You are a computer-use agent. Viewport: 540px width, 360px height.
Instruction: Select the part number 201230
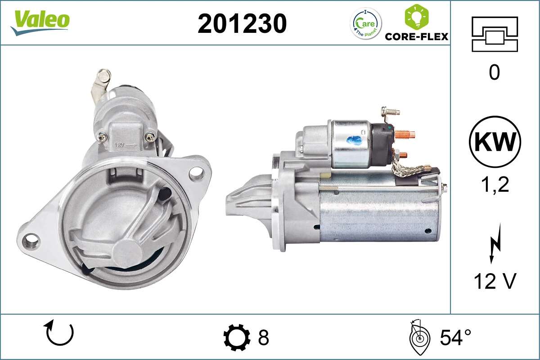242,23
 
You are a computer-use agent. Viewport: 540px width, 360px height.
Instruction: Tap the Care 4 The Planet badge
365,23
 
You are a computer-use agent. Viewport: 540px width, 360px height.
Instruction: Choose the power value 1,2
495,184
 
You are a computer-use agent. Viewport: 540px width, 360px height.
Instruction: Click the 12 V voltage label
495,282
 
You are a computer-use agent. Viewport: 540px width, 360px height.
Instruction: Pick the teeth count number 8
263,337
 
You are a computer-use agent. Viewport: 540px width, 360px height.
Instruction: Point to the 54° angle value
455,337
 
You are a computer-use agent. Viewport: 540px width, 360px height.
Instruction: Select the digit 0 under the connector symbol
494,72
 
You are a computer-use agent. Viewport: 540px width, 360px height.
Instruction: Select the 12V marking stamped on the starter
120,145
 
